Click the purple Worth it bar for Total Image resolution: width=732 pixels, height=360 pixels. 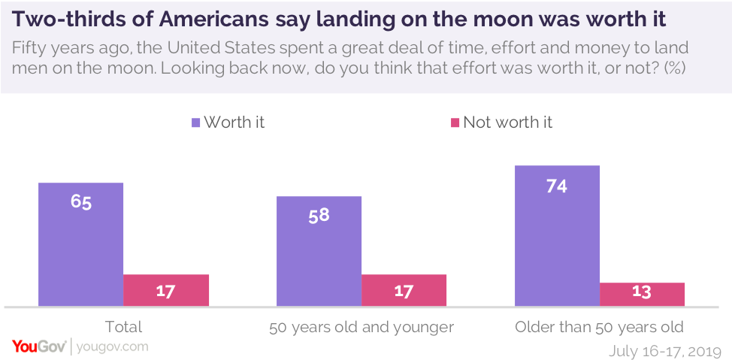80,244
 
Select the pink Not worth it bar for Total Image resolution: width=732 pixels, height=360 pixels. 165,290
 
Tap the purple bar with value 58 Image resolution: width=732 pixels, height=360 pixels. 319,251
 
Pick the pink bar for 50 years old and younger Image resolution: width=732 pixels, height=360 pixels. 404,290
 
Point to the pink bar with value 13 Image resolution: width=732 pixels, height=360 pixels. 642,294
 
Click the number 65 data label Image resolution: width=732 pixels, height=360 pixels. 81,202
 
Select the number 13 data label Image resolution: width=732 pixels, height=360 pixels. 642,292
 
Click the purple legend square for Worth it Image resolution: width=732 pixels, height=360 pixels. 196,123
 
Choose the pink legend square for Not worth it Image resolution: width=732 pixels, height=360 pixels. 454,123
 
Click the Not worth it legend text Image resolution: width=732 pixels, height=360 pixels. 507,123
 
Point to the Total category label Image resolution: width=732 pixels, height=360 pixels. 123,327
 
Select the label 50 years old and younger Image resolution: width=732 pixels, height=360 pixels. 361,327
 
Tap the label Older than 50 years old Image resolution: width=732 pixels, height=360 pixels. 599,327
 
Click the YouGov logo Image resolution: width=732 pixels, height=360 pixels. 38,346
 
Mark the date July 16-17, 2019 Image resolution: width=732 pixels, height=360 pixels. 665,350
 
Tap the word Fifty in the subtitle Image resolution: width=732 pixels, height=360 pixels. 31,47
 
